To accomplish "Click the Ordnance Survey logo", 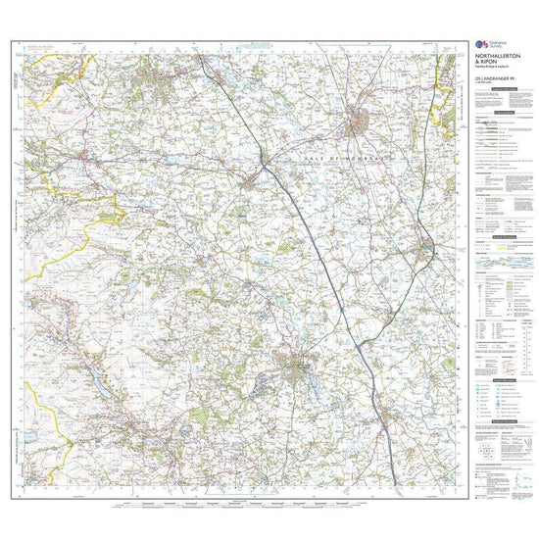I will [479, 46].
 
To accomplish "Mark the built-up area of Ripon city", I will [297, 368].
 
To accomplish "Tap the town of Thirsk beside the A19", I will [427, 246].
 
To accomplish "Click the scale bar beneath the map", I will [245, 508].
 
